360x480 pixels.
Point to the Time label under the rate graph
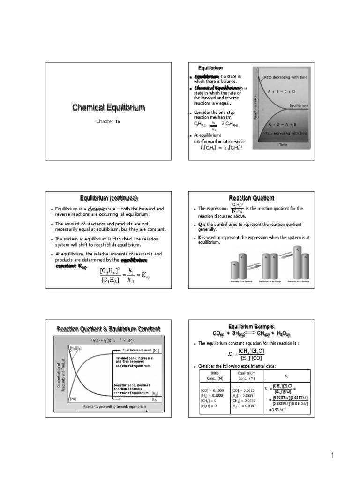pyautogui.click(x=283, y=145)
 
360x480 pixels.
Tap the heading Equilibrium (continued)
pyautogui.click(x=108, y=198)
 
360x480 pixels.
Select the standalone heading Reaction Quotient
pyautogui.click(x=251, y=198)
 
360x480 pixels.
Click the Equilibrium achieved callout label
pyautogui.click(x=136, y=350)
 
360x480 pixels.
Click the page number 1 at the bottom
pyautogui.click(x=331, y=455)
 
